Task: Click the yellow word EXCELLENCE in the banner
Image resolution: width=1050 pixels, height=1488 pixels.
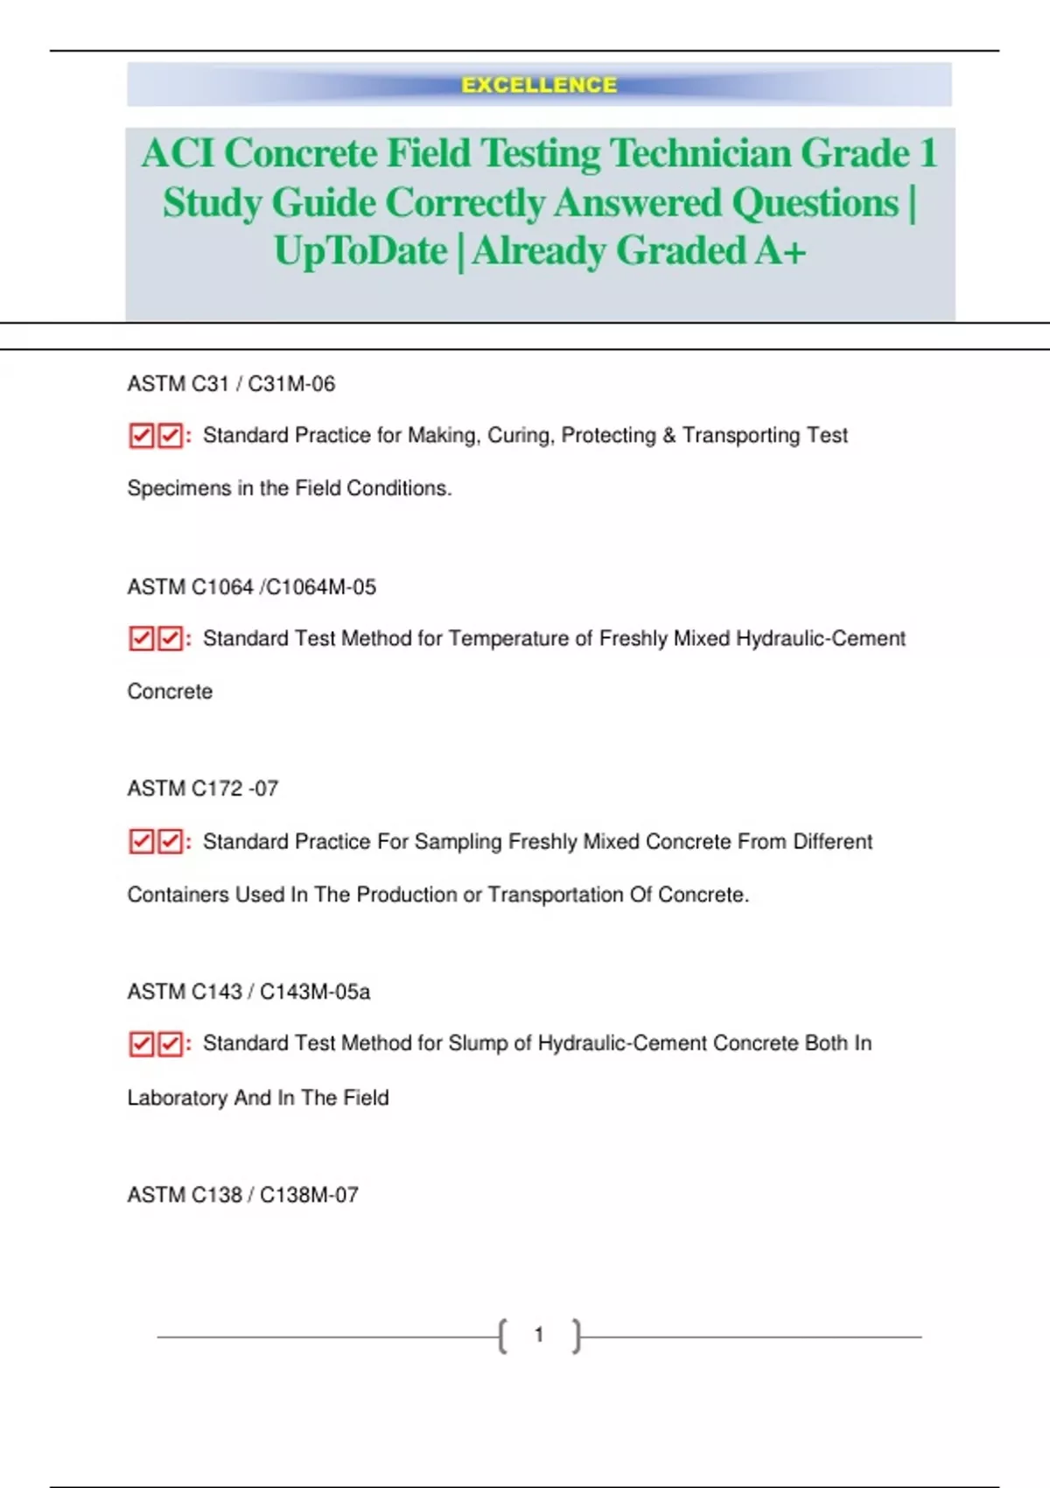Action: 539,85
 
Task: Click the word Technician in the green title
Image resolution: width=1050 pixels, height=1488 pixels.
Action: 700,153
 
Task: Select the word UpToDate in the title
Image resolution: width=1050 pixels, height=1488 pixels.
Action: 360,251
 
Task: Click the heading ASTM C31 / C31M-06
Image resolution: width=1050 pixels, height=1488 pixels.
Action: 231,383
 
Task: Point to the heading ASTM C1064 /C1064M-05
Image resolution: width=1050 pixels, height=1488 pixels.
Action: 251,586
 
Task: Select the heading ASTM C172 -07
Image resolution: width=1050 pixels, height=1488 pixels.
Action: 202,789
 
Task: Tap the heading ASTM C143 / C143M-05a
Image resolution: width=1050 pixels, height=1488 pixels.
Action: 248,992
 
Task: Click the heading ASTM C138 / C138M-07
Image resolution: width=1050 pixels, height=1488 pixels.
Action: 242,1195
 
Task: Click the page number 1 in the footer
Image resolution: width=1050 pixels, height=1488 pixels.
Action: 539,1335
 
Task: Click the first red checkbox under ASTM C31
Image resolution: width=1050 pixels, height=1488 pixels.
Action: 141,436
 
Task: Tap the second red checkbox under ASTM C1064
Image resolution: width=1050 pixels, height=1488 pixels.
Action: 170,639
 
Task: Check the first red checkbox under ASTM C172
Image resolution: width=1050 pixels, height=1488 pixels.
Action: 141,842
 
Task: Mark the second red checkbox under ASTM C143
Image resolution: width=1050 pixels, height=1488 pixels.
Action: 170,1044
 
